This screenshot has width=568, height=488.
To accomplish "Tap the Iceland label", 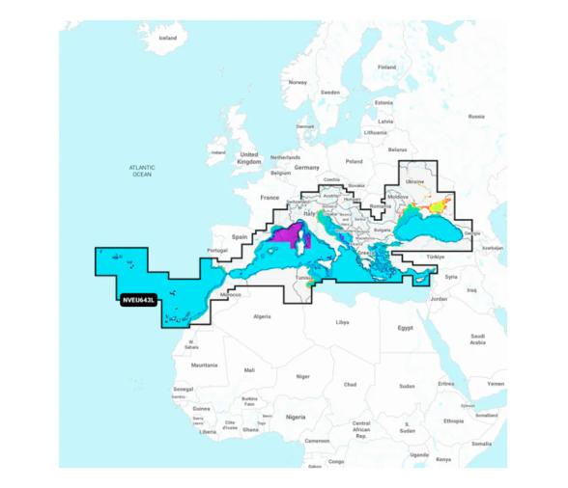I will pos(168,38).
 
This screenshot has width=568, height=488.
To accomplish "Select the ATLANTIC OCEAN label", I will pos(142,171).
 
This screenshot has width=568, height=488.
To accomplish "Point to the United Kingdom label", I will pos(249,158).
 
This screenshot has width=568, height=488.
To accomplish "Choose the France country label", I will pos(270,197).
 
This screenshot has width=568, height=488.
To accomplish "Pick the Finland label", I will pos(387,68).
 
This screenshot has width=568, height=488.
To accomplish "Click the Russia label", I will pos(476,116).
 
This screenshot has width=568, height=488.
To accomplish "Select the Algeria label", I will pos(262,316).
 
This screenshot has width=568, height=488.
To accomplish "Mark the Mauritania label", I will pos(204,366).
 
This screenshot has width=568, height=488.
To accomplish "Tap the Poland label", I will pos(355,161).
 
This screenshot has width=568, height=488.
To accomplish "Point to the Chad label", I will pos(351,384).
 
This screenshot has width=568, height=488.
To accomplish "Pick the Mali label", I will pos(249,369).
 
